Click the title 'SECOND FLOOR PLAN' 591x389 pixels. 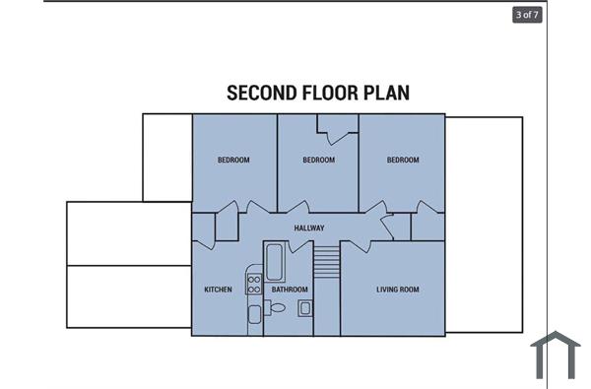click(318, 94)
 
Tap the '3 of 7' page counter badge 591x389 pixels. click(526, 15)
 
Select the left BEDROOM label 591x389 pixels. click(233, 161)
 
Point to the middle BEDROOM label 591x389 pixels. click(318, 161)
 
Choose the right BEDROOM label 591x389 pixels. click(403, 161)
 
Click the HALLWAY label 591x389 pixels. click(309, 228)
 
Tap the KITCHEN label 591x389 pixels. click(218, 290)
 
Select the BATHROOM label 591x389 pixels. click(290, 290)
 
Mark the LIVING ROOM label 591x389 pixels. click(398, 290)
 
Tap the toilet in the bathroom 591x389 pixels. click(278, 308)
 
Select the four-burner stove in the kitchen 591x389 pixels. click(253, 286)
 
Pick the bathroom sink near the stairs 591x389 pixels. click(305, 308)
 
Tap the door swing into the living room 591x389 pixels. click(359, 244)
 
